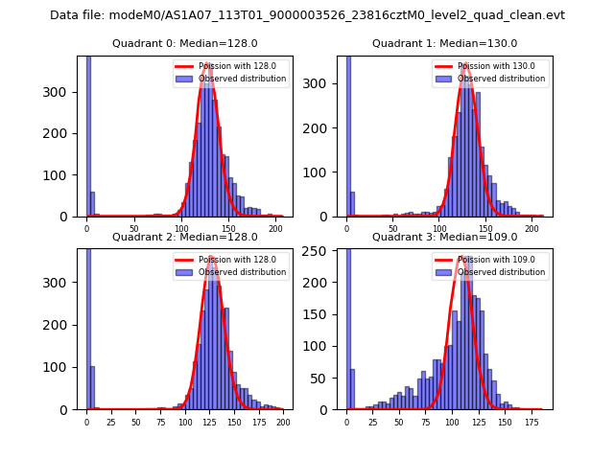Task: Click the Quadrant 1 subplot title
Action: point(444,44)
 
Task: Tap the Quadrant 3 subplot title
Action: point(444,237)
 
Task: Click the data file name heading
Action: point(307,15)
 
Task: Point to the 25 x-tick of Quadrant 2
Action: point(110,422)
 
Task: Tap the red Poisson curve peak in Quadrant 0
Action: point(207,64)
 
